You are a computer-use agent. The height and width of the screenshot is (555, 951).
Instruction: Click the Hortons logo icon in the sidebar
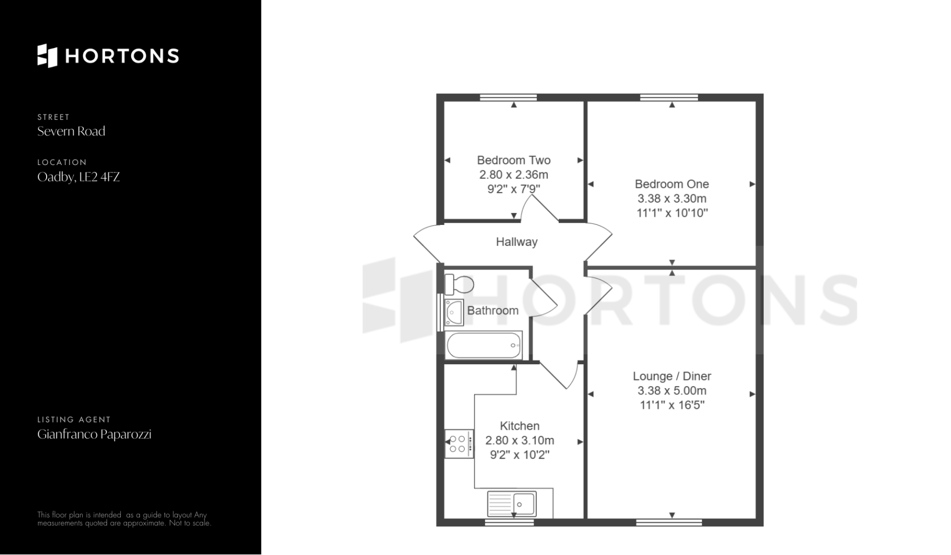(48, 55)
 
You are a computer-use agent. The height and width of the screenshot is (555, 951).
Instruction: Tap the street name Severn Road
(71, 131)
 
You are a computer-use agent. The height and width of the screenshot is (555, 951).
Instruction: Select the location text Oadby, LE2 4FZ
(79, 177)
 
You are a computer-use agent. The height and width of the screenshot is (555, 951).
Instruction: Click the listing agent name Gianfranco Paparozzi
(94, 435)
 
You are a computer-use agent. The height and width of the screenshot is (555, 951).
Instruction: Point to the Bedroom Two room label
(514, 161)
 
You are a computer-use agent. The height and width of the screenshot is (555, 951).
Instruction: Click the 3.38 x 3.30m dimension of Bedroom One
(672, 199)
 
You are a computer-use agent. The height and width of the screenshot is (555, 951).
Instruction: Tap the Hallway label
(517, 242)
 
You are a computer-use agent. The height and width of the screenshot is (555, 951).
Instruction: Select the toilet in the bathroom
(459, 284)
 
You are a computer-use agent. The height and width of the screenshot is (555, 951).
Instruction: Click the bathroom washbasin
(454, 312)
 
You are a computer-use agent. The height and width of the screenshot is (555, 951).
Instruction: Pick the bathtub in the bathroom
(484, 345)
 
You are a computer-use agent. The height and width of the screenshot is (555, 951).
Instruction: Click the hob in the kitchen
(459, 444)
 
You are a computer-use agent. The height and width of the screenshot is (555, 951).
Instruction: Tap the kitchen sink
(512, 504)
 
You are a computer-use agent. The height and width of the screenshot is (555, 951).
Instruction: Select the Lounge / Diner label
(672, 377)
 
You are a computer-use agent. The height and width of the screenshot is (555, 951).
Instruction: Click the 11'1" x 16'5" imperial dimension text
(672, 405)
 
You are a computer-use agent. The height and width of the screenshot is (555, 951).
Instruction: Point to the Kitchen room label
(520, 426)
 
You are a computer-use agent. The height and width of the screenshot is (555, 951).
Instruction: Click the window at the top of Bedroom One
(669, 98)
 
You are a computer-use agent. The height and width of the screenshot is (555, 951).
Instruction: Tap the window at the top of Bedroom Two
(509, 98)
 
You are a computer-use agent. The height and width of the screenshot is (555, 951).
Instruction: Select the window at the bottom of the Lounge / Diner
(669, 522)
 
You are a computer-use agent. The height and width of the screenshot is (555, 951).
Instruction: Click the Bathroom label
(493, 311)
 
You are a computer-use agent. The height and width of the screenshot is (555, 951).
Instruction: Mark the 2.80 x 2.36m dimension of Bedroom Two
(514, 175)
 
